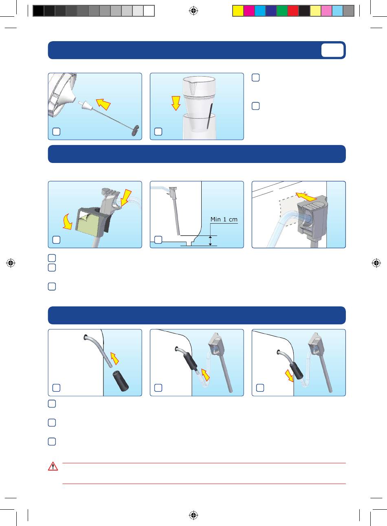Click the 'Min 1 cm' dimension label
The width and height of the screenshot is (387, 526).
[224, 219]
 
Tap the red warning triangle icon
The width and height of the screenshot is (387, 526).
[53, 466]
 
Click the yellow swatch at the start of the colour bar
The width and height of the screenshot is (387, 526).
[238, 11]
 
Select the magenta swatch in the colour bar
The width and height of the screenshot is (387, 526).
[249, 11]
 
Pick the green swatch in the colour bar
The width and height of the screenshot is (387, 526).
[282, 11]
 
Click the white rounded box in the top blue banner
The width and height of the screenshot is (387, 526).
[332, 50]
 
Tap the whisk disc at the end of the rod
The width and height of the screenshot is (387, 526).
[135, 130]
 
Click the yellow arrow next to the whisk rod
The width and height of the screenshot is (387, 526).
[103, 104]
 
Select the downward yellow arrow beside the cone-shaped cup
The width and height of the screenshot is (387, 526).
[176, 103]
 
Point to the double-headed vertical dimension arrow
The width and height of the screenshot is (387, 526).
[211, 241]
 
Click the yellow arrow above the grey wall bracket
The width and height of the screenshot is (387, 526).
[306, 197]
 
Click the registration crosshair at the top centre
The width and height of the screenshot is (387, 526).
[193, 11]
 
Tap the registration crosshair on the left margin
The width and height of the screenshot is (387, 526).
[11, 263]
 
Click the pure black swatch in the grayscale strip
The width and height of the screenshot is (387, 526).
[38, 11]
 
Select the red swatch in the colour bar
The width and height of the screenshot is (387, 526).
[293, 11]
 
